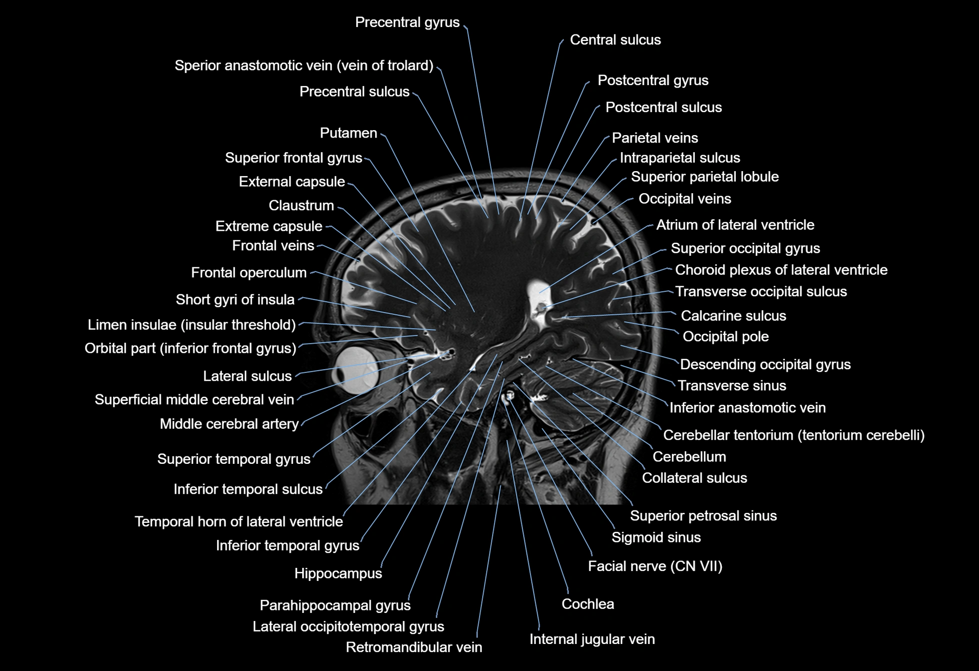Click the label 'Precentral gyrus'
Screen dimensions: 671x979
(x=407, y=23)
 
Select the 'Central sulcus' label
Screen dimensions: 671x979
(x=615, y=40)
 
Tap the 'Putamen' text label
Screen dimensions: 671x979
(x=348, y=133)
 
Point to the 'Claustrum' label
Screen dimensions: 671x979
(x=301, y=206)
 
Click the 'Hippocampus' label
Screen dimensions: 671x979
(x=338, y=573)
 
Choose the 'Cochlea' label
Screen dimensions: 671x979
(x=587, y=604)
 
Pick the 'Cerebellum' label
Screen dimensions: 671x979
(x=689, y=457)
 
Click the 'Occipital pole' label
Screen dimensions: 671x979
(x=725, y=337)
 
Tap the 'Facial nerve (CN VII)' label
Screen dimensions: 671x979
(x=655, y=566)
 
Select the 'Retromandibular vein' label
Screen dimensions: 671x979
(x=414, y=647)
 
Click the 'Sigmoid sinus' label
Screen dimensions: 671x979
(x=656, y=537)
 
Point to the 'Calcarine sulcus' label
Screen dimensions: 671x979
(x=733, y=316)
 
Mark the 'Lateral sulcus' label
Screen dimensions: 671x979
(x=247, y=376)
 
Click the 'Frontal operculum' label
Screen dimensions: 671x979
(x=249, y=273)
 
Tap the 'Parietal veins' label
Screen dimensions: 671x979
(x=654, y=138)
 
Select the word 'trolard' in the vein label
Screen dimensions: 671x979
(x=405, y=66)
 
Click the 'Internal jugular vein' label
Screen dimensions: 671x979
(x=592, y=639)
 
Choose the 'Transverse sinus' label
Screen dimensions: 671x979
(x=731, y=386)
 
